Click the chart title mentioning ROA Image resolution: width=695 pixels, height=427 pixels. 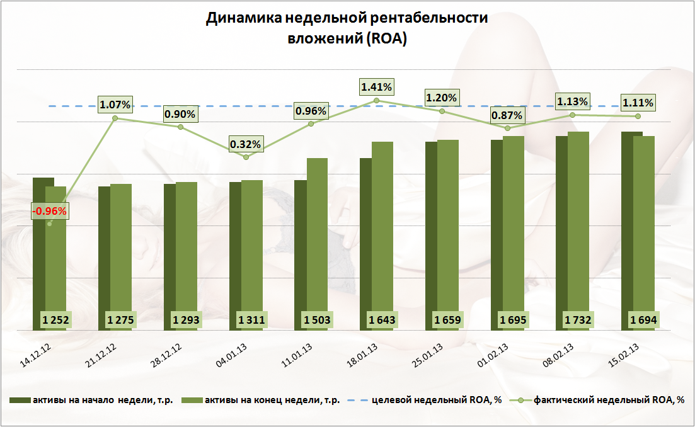[x=347, y=28]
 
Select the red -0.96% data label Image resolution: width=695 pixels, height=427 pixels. [x=49, y=211]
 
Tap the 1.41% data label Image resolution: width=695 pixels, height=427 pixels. [x=376, y=86]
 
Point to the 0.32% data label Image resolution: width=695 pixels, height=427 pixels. [x=245, y=144]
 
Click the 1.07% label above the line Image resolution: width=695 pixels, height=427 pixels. [x=115, y=103]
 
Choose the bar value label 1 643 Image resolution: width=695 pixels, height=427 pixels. [x=382, y=320]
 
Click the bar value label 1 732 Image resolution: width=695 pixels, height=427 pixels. [x=579, y=320]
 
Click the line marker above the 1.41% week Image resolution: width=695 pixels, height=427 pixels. [x=376, y=100]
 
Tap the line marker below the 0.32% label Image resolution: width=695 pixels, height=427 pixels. [x=246, y=157]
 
